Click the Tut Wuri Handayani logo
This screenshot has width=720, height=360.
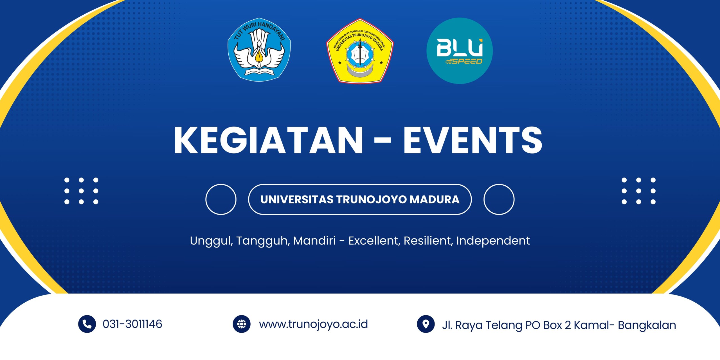[259, 50]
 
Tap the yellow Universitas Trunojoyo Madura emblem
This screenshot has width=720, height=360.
[360, 51]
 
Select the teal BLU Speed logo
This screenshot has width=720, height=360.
[460, 51]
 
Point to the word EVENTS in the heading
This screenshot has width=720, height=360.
[473, 140]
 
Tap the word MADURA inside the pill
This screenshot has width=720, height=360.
[434, 199]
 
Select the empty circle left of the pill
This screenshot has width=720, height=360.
[206, 199]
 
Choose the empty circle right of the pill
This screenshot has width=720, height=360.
[484, 199]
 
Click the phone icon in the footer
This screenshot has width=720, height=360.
[87, 324]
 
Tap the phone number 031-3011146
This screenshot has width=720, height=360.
[132, 324]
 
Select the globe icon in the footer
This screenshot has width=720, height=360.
[242, 324]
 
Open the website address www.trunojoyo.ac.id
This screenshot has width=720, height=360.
[313, 324]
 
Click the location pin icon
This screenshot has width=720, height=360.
[426, 324]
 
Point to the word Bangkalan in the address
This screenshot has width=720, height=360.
[647, 325]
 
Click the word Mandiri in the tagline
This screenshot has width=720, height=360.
[314, 241]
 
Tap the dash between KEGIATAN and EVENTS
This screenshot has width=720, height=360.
[383, 141]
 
